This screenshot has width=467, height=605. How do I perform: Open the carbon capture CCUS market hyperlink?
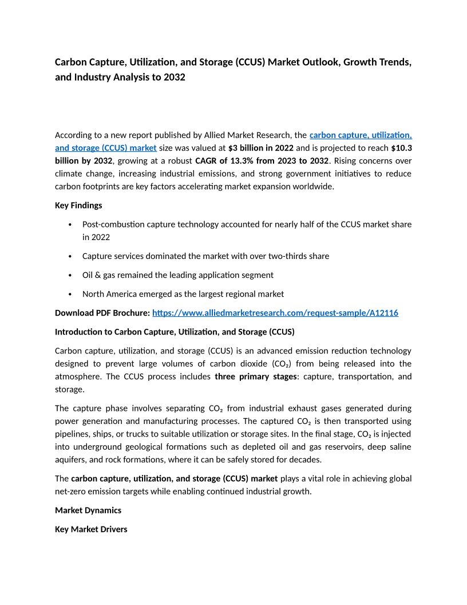(x=361, y=135)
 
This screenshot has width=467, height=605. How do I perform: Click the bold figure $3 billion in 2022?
(x=261, y=148)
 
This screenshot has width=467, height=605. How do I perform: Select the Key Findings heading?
(x=78, y=205)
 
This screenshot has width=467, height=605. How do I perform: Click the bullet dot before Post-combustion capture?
(x=69, y=225)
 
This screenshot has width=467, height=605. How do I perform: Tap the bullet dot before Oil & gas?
(x=69, y=276)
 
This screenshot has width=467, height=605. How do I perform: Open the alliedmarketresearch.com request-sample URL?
(x=275, y=313)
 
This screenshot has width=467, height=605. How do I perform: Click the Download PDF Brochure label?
(x=102, y=313)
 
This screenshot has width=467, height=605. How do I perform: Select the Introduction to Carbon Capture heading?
(x=175, y=332)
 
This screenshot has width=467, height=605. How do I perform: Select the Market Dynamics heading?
(x=88, y=510)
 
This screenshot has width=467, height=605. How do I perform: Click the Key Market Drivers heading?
(x=91, y=529)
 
